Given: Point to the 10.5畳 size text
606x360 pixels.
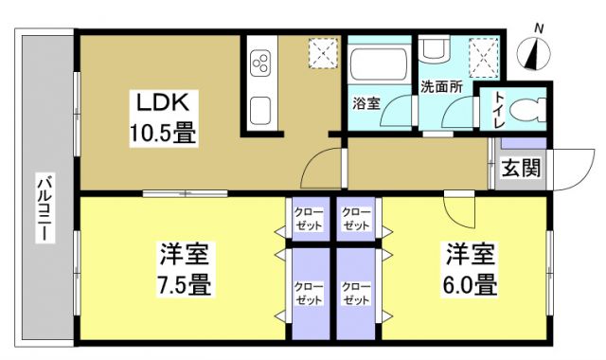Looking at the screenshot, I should pos(163,133).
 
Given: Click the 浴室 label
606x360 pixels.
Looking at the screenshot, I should pos(366,102).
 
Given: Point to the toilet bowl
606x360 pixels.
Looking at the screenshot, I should pos(526,109).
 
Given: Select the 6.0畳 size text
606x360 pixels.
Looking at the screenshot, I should pos(471,282).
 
